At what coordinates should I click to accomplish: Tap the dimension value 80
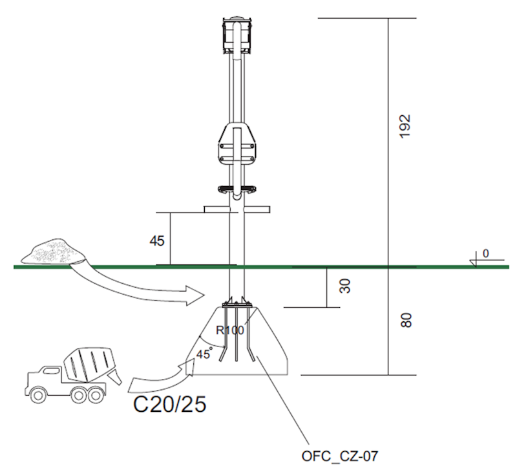tap(406, 320)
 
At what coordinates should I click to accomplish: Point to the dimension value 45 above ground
tap(157, 240)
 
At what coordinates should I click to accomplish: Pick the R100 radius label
tap(229, 330)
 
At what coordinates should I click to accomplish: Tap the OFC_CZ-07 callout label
tap(339, 457)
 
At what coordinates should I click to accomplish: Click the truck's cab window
tap(46, 375)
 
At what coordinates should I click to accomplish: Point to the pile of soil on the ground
tap(54, 250)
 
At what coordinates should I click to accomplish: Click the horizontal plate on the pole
tap(237, 209)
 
